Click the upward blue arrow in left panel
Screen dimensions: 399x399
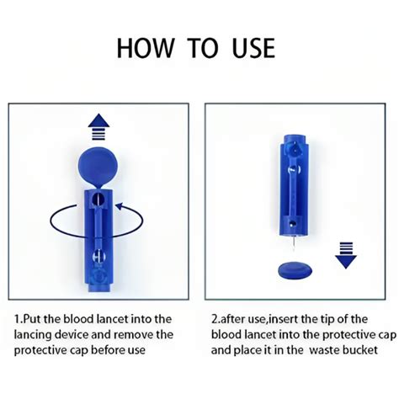[99, 125]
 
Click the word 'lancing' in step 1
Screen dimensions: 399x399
[41, 334]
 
